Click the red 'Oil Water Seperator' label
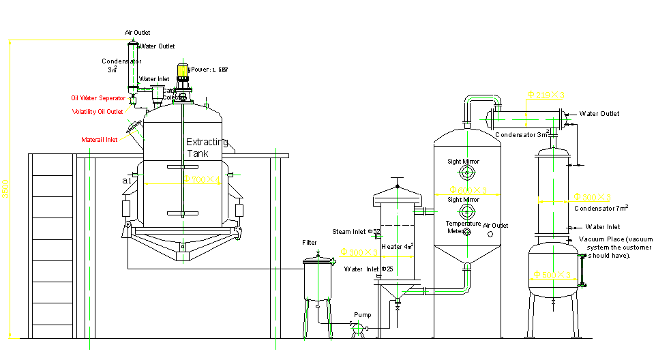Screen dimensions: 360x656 98,98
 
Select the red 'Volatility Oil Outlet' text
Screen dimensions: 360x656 98,112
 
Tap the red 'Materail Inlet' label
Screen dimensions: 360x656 99,140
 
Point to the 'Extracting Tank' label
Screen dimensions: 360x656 207,148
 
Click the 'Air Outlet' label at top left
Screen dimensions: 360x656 137,32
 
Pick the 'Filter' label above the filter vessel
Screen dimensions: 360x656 310,243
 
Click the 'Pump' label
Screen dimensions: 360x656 362,315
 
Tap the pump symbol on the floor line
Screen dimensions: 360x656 356,329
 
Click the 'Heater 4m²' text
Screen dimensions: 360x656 398,246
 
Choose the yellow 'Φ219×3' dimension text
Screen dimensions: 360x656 546,95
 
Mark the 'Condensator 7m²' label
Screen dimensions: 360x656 601,208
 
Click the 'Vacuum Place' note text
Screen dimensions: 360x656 616,247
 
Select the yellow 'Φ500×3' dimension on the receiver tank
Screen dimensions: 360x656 552,275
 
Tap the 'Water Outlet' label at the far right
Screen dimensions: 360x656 599,114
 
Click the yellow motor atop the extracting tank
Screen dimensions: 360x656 183,70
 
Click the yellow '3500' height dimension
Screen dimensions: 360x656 5,189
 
